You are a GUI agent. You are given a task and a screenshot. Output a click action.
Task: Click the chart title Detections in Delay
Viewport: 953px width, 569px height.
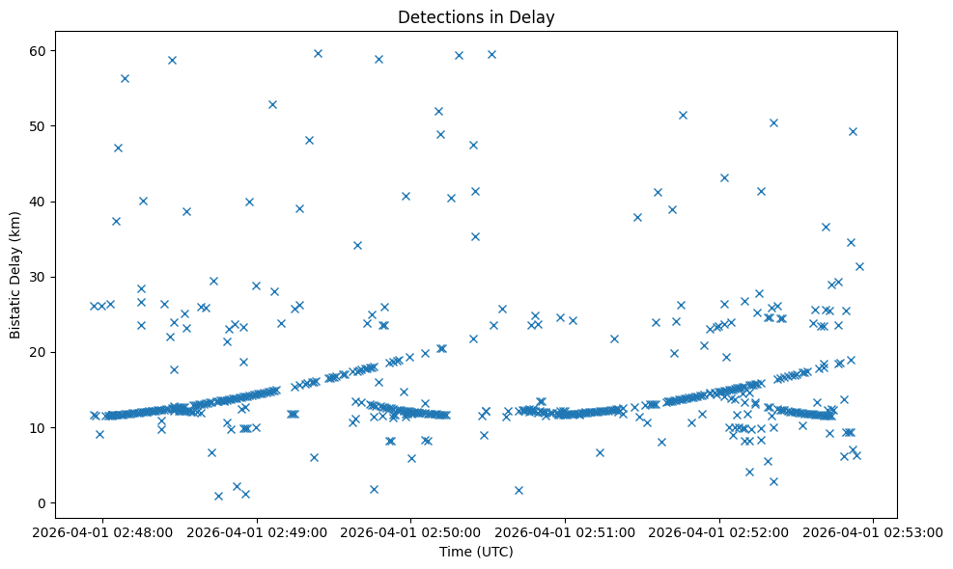[476, 17]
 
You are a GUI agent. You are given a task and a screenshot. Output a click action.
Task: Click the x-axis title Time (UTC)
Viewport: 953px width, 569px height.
[476, 552]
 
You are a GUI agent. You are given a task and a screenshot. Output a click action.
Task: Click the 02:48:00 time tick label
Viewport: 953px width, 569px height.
[103, 530]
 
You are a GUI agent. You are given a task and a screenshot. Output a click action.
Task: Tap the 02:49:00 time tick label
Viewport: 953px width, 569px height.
[258, 530]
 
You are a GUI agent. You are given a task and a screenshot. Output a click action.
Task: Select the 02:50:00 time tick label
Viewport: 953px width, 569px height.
[411, 530]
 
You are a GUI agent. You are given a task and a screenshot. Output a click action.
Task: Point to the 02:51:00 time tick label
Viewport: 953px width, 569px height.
[566, 530]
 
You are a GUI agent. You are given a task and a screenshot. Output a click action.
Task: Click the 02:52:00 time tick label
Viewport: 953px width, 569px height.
[719, 530]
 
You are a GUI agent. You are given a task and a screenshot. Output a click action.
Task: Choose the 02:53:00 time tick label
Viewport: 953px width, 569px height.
[874, 530]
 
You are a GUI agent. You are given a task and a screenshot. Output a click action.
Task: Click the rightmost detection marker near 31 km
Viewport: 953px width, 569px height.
[859, 266]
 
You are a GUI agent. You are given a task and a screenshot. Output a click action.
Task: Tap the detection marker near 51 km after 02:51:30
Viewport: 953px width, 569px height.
[683, 115]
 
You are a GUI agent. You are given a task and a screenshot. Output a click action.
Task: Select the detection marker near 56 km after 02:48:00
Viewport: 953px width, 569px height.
[125, 78]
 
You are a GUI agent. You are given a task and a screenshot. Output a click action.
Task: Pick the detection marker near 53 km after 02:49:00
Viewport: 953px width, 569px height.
[272, 104]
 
